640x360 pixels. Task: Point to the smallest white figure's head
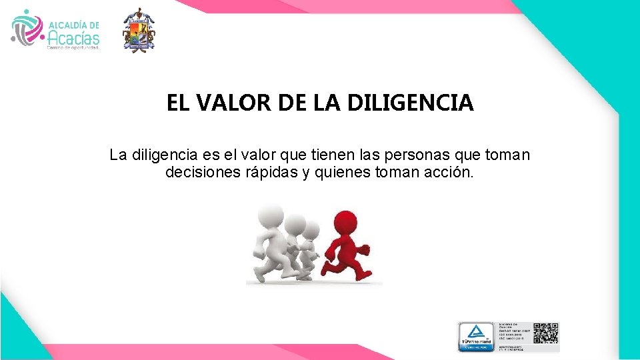pos(311,230)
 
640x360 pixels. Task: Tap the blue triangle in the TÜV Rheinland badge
pos(475,331)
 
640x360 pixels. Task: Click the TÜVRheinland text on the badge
pos(475,342)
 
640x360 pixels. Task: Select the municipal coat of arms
pos(139,30)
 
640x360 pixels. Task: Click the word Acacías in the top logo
pos(73,37)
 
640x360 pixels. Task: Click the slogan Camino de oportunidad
pos(72,48)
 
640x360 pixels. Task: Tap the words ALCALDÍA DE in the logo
pos(73,24)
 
